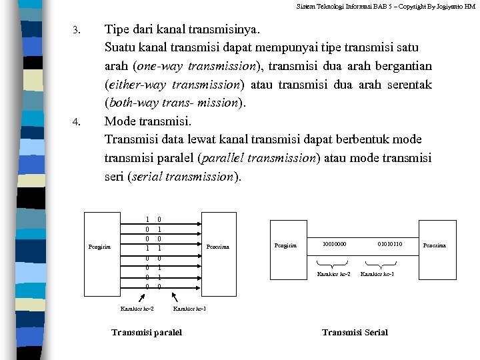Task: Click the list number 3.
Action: [x=76, y=31]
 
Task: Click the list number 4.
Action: [x=76, y=122]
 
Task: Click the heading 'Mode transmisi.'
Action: [x=148, y=121]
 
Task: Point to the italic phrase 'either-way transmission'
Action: [x=175, y=85]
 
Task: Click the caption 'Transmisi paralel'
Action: [x=147, y=332]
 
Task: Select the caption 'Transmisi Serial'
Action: [x=355, y=332]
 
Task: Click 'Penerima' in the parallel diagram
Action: [x=217, y=247]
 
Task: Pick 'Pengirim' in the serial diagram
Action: [x=285, y=245]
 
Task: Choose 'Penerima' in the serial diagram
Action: [x=435, y=245]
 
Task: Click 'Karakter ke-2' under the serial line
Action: [x=333, y=274]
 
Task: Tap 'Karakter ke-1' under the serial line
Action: [x=377, y=274]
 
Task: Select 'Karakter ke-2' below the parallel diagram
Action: [x=137, y=309]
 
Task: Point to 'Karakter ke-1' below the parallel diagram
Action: [x=189, y=309]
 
